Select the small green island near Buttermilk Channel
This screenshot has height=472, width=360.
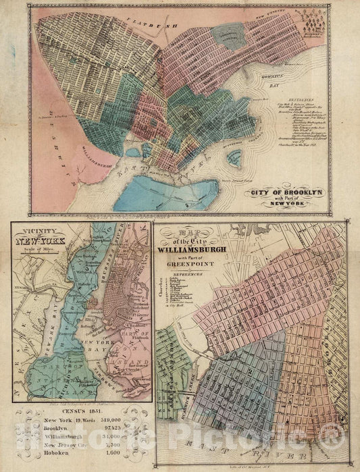[x=235, y=159]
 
